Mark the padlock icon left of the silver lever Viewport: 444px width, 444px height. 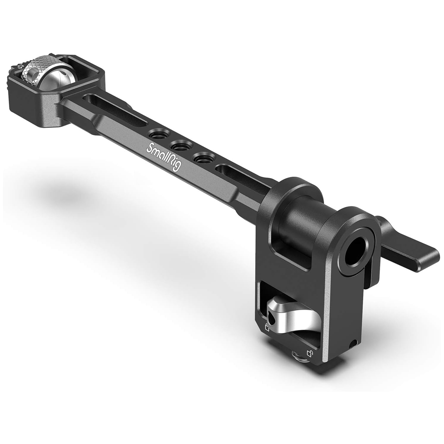(x=267, y=328)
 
